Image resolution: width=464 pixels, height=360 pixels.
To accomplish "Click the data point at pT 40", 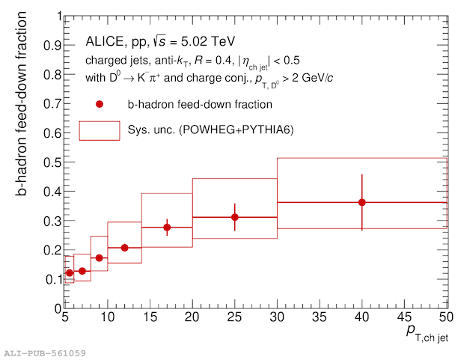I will (362, 202).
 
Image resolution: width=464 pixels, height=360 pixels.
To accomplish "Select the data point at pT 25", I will (235, 217).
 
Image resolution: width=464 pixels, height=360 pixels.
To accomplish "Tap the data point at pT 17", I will (167, 227).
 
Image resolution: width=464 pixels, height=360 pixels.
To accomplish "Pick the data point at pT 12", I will (124, 248).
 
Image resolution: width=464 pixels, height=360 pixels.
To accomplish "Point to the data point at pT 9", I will (99, 258).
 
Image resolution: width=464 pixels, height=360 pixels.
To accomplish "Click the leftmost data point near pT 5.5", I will (70, 273).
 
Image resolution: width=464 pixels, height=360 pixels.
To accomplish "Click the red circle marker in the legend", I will (99, 104).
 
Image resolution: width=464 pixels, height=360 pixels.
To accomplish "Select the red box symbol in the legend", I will (99, 130).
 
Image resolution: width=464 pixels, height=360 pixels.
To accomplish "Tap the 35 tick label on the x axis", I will (320, 317).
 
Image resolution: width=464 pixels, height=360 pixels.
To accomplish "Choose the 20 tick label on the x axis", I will (192, 317).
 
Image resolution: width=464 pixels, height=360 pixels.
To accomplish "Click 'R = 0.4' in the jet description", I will (228, 61).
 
